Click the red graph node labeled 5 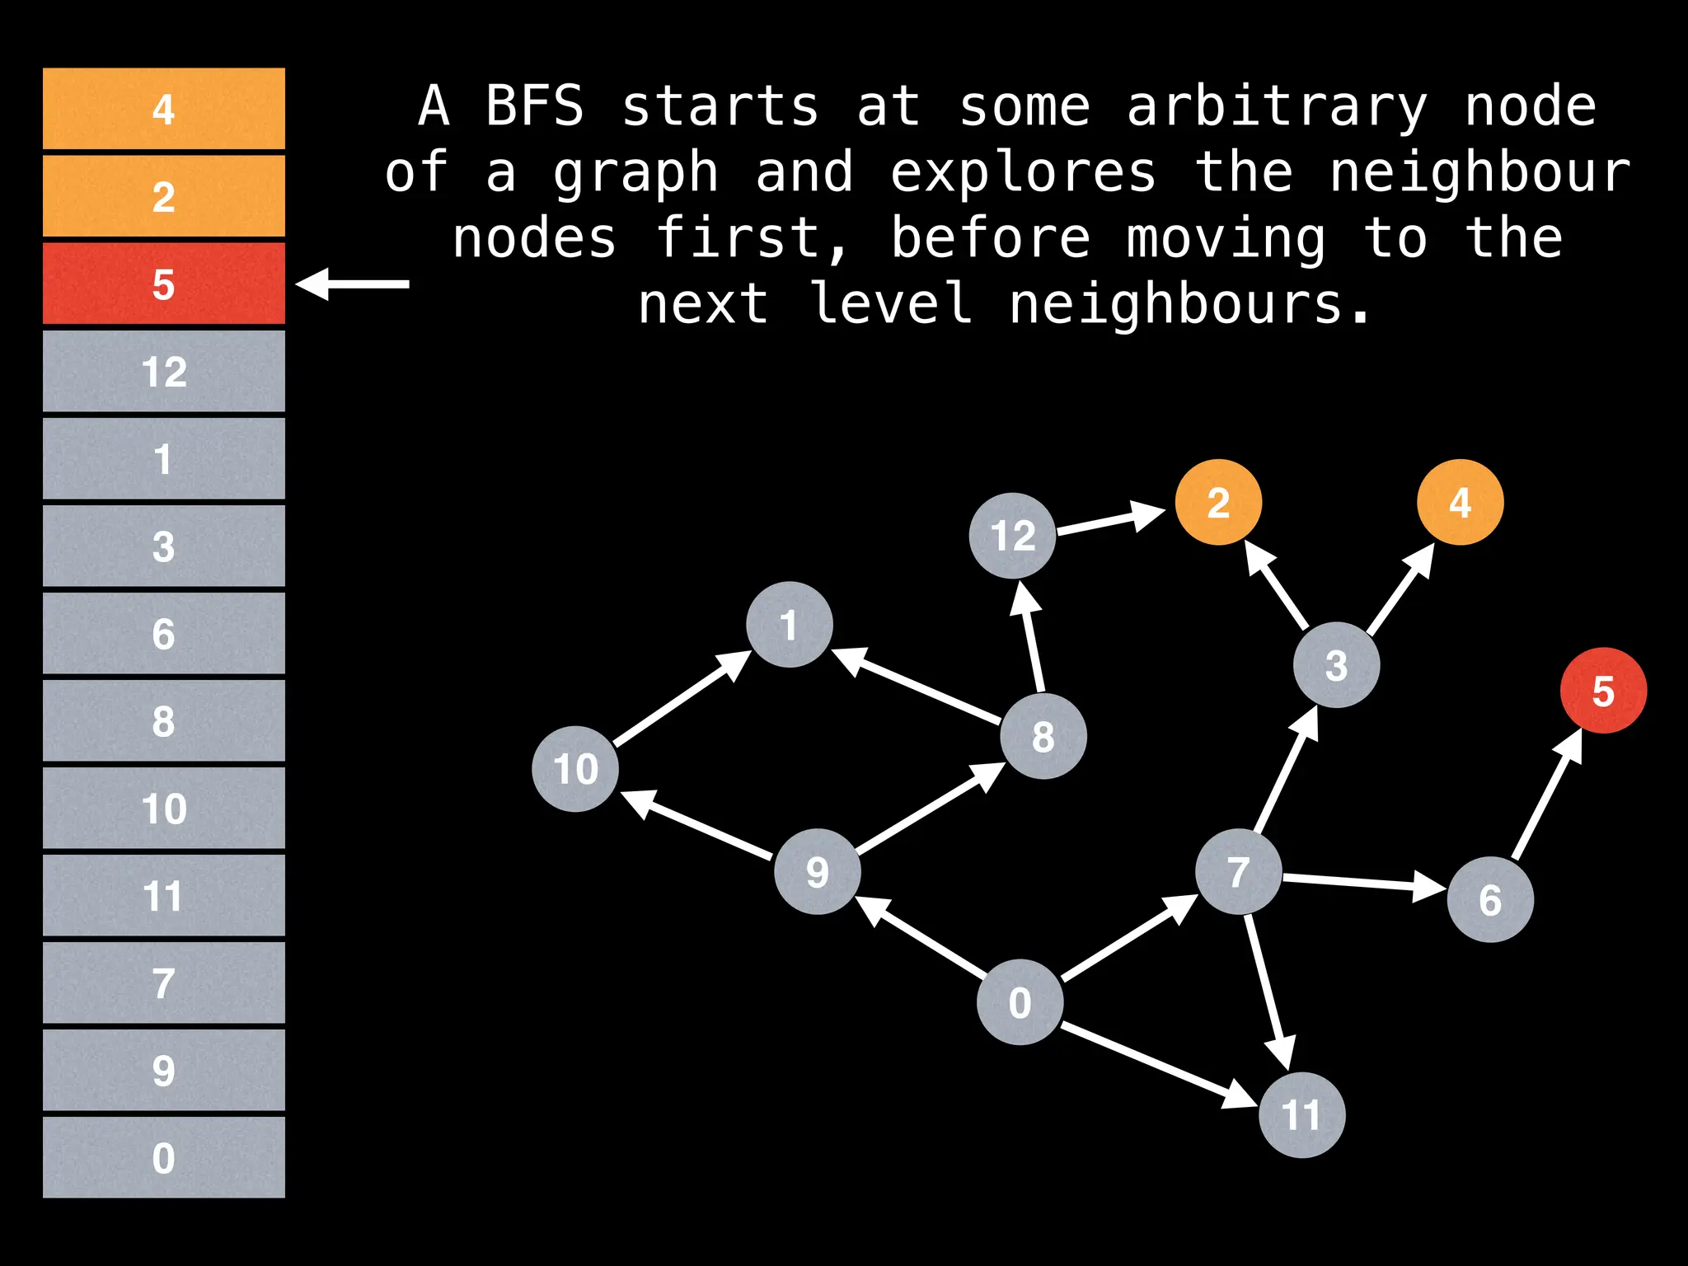coord(1603,691)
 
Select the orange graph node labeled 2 coord(1218,502)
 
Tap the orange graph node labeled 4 coord(1460,502)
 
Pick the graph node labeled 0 coord(1020,1002)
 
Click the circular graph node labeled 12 coord(1012,536)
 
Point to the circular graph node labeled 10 coord(575,769)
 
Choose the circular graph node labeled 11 coord(1301,1115)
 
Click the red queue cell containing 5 coord(163,284)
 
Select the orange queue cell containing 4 coord(163,109)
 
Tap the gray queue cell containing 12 coord(163,371)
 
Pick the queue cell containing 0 coord(163,1157)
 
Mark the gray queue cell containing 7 coord(163,982)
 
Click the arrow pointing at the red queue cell coord(353,284)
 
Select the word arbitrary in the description coord(1277,107)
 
